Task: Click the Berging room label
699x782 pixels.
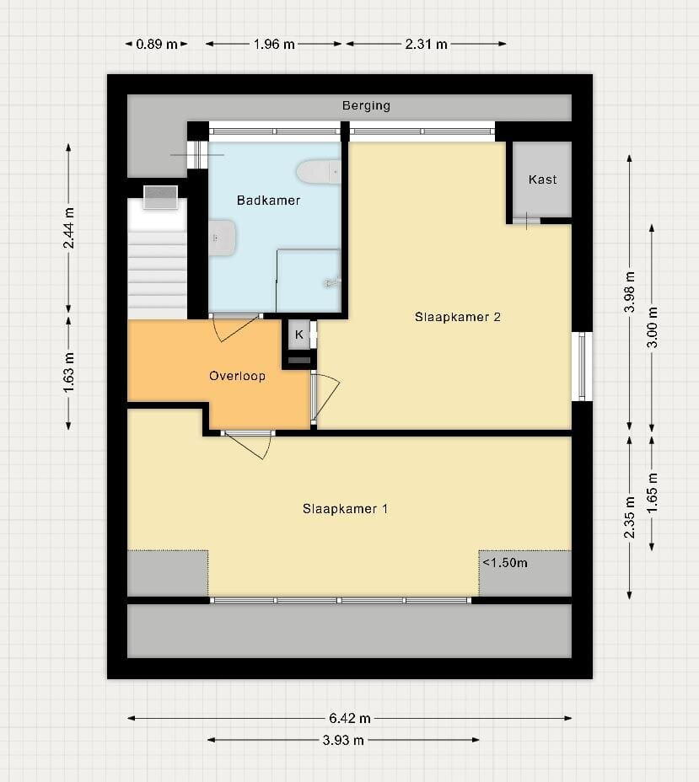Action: click(366, 105)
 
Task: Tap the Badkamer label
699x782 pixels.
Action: click(268, 201)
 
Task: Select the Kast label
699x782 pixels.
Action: click(542, 179)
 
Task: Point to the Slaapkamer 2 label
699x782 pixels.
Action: click(458, 317)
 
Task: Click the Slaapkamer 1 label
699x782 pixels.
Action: click(345, 509)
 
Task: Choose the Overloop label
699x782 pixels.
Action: click(237, 376)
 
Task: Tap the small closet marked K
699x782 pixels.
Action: click(298, 335)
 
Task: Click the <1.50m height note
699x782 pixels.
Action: click(505, 563)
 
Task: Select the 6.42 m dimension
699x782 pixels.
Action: click(349, 718)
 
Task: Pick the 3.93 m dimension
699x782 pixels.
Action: click(343, 740)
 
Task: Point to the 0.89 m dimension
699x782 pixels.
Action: click(157, 45)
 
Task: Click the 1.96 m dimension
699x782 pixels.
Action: click(274, 45)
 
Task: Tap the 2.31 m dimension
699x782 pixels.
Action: click(426, 45)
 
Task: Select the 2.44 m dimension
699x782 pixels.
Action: click(69, 228)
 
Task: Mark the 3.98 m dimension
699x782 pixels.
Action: click(630, 292)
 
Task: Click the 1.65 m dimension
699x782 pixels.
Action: click(652, 493)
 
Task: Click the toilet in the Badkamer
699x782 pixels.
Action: click(319, 172)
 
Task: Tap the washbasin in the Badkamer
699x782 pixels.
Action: click(222, 238)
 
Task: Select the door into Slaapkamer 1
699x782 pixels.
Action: click(248, 444)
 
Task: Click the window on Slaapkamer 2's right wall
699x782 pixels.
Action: click(582, 367)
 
